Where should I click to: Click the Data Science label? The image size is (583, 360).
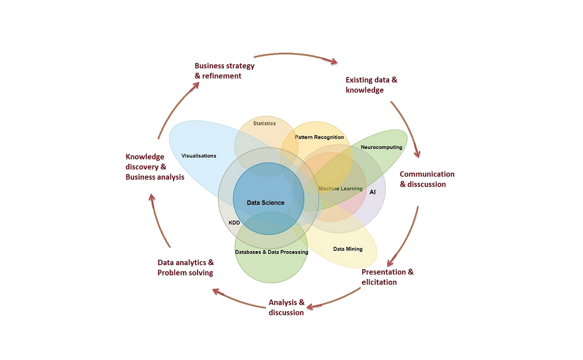click(x=266, y=203)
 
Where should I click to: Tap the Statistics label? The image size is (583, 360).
click(x=264, y=123)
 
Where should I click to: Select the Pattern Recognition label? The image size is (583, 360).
click(x=319, y=137)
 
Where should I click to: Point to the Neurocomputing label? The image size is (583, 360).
click(x=381, y=147)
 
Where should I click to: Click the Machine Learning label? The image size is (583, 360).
click(x=340, y=188)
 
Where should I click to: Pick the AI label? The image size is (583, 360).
click(x=373, y=192)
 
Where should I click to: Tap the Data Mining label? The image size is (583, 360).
click(x=348, y=249)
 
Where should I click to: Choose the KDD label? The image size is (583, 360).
click(x=234, y=223)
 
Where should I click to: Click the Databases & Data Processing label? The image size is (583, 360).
click(x=272, y=252)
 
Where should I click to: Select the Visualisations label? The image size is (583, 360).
click(x=199, y=156)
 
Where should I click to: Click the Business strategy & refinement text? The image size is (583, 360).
click(x=224, y=71)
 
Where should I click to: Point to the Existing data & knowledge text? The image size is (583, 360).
click(x=371, y=85)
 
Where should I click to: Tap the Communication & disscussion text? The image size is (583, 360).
click(x=427, y=179)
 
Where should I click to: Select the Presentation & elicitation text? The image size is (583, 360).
click(x=387, y=277)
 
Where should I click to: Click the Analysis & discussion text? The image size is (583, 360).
click(x=287, y=307)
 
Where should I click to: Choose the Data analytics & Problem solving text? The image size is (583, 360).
click(x=185, y=268)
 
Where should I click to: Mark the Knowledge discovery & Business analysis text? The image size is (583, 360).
click(x=155, y=167)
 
